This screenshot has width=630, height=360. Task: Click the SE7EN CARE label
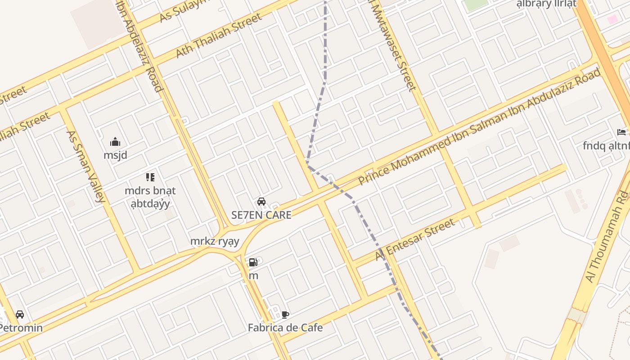pos(261,215)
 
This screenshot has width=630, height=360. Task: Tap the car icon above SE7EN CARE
pos(261,202)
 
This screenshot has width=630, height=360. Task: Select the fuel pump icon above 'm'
pos(253,262)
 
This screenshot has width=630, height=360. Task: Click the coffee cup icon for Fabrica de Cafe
pos(285,315)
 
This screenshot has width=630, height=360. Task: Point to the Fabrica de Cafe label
pos(285,327)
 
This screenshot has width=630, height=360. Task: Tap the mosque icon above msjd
pos(115,142)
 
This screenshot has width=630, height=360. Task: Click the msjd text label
pos(115,155)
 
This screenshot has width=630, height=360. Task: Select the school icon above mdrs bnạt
pos(150,177)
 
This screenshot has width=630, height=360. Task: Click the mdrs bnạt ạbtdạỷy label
pos(150,197)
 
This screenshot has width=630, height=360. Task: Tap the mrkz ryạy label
pos(215,241)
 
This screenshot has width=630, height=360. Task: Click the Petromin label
pos(21,328)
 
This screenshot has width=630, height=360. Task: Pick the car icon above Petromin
pos(20,315)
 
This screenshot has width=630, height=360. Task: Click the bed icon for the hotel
pos(621,132)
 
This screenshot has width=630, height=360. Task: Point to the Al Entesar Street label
pos(415,239)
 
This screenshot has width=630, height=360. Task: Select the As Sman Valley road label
pos(85,166)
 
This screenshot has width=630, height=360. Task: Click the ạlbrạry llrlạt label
pos(546,4)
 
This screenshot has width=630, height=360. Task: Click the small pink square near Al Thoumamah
pos(612,19)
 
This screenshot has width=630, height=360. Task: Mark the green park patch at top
pos(476,4)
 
